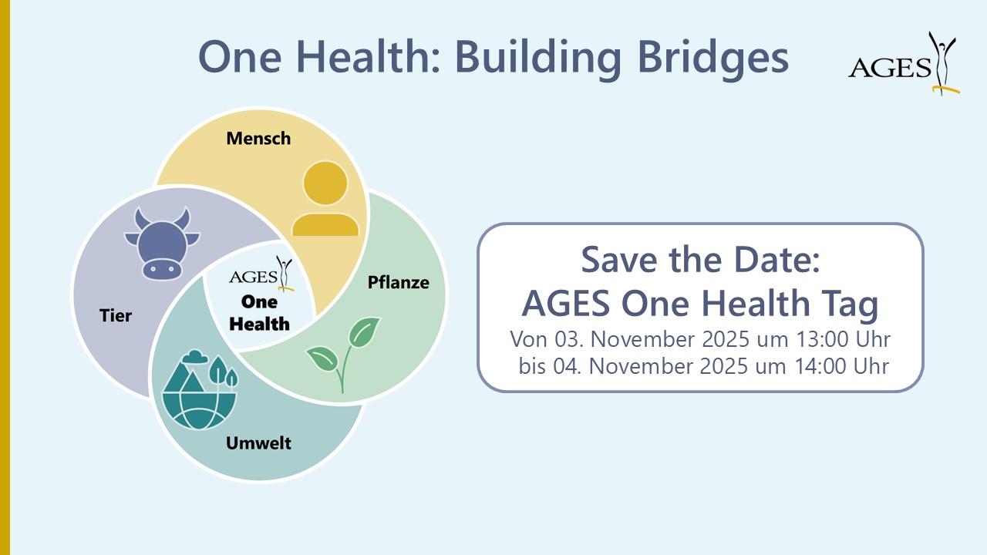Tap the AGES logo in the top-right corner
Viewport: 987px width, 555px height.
coord(903,65)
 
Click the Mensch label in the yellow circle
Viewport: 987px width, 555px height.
coord(258,139)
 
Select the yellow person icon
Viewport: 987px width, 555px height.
coord(325,199)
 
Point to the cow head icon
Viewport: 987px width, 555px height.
coord(162,243)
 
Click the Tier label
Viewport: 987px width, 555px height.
coord(116,316)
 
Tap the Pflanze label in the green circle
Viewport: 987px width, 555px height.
coord(398,282)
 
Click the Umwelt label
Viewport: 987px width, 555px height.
coord(258,443)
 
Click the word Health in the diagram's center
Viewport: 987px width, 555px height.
coord(260,324)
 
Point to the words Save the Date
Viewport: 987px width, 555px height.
coord(699,260)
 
